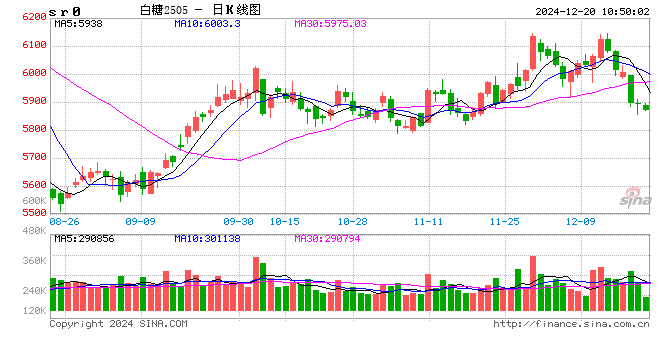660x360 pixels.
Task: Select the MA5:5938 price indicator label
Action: point(79,22)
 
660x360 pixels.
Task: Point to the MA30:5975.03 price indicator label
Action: point(331,22)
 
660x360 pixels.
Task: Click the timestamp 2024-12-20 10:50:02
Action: point(584,9)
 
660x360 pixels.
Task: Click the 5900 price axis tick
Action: point(33,101)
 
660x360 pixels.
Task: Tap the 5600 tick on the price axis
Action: point(33,185)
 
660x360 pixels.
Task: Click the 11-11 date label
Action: point(428,221)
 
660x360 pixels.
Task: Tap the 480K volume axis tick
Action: point(33,232)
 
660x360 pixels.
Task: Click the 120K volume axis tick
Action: point(33,312)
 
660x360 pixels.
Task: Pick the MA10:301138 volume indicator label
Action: point(209,238)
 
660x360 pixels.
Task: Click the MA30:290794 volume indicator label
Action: point(330,238)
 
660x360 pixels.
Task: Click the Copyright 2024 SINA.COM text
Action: point(118,324)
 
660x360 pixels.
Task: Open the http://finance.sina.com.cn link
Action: point(571,324)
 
